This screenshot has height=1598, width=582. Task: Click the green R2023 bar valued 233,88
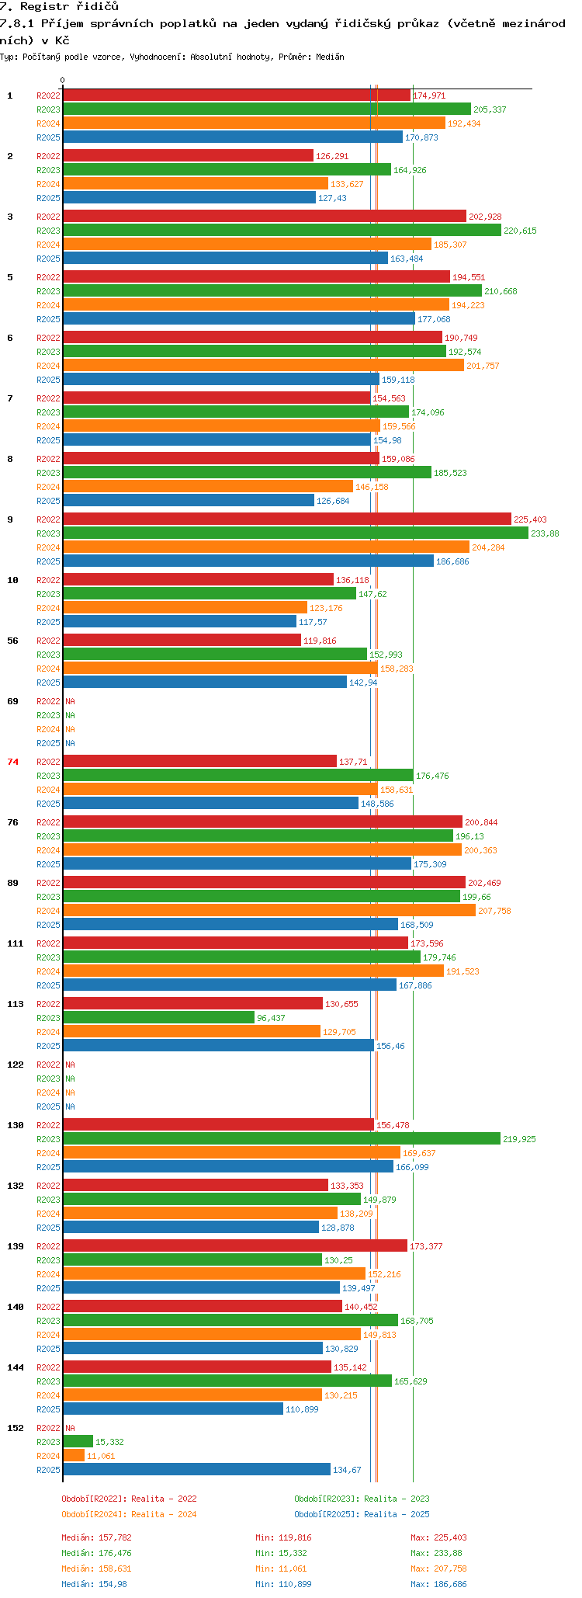point(295,533)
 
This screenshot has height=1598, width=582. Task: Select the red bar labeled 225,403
point(286,519)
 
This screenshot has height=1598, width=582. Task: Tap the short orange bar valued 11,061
point(73,1455)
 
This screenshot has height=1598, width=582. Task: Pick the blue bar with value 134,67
point(196,1469)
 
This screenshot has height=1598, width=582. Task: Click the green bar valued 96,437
point(158,1017)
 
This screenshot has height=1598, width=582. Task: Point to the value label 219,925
point(519,1139)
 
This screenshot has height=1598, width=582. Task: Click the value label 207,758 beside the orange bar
point(494,911)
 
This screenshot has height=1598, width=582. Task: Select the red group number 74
point(12,762)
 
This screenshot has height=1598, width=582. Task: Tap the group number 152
point(16,1428)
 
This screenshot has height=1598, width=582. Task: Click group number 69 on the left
point(12,701)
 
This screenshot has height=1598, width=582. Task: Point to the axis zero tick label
point(63,80)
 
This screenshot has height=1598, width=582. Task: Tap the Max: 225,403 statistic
point(438,1537)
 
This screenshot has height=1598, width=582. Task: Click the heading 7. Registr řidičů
point(59,7)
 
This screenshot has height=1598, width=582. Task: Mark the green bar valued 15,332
point(78,1441)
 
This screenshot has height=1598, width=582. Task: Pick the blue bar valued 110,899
point(172,1409)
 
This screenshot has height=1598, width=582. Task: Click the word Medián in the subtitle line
point(330,57)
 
